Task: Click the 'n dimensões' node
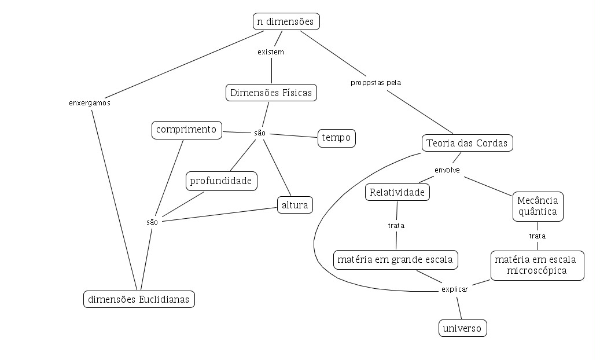click(286, 22)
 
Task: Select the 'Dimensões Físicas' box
click(271, 93)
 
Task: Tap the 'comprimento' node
click(187, 130)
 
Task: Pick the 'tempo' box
click(336, 138)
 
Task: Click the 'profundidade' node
click(221, 181)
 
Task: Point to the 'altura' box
click(295, 204)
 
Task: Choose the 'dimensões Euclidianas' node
click(139, 299)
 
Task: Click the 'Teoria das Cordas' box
click(467, 143)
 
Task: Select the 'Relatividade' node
click(397, 192)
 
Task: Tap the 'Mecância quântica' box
click(538, 207)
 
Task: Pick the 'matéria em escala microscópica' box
click(538, 265)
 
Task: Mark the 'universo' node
click(462, 328)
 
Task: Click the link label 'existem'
click(271, 52)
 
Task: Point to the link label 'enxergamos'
click(89, 103)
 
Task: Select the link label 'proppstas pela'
click(376, 83)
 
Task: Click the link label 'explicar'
click(454, 289)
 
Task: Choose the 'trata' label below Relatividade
click(396, 226)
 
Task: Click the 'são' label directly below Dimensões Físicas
click(260, 133)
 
